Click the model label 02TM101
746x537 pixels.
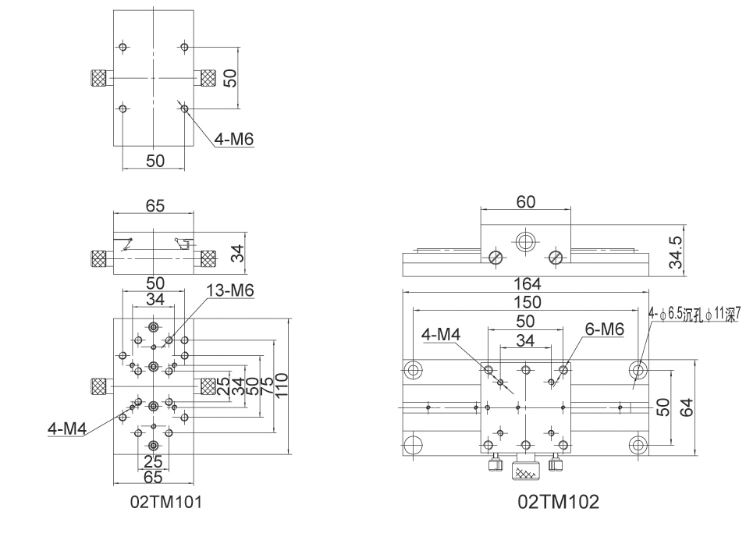click(x=165, y=502)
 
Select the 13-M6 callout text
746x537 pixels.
click(x=231, y=290)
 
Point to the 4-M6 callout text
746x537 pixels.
click(x=234, y=140)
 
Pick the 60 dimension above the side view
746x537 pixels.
click(x=525, y=202)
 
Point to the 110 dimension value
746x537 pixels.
click(x=281, y=385)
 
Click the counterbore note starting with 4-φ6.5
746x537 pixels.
click(x=694, y=315)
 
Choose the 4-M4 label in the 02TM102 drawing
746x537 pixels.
click(x=442, y=334)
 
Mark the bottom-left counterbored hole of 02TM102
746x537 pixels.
click(x=412, y=445)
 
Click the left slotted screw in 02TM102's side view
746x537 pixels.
click(x=496, y=257)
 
